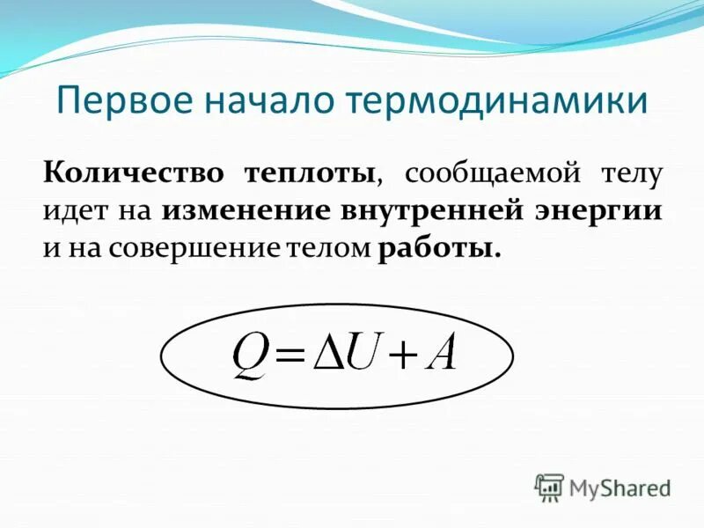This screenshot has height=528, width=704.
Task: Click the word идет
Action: point(71,210)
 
